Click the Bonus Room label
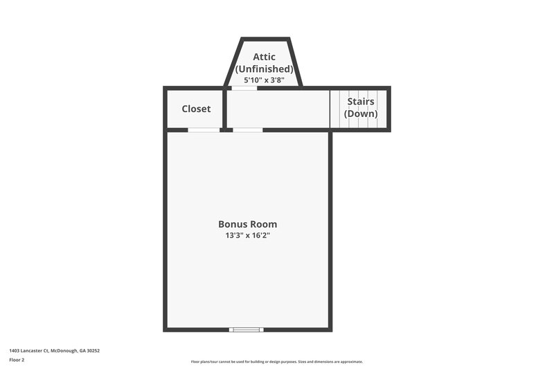(x=247, y=224)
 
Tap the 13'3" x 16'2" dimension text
(x=247, y=236)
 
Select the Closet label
(x=196, y=109)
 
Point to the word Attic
(x=264, y=57)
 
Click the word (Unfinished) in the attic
(x=264, y=69)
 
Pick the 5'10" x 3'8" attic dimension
(x=264, y=80)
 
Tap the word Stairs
(x=361, y=102)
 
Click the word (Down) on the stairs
(x=361, y=114)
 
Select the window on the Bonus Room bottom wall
(x=247, y=330)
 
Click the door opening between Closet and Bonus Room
(x=204, y=129)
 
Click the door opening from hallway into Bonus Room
(x=247, y=129)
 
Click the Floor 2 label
(x=17, y=360)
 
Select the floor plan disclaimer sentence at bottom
(x=277, y=361)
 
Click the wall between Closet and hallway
(x=224, y=109)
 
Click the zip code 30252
(x=93, y=351)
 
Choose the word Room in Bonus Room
(x=263, y=224)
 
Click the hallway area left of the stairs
(x=277, y=109)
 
